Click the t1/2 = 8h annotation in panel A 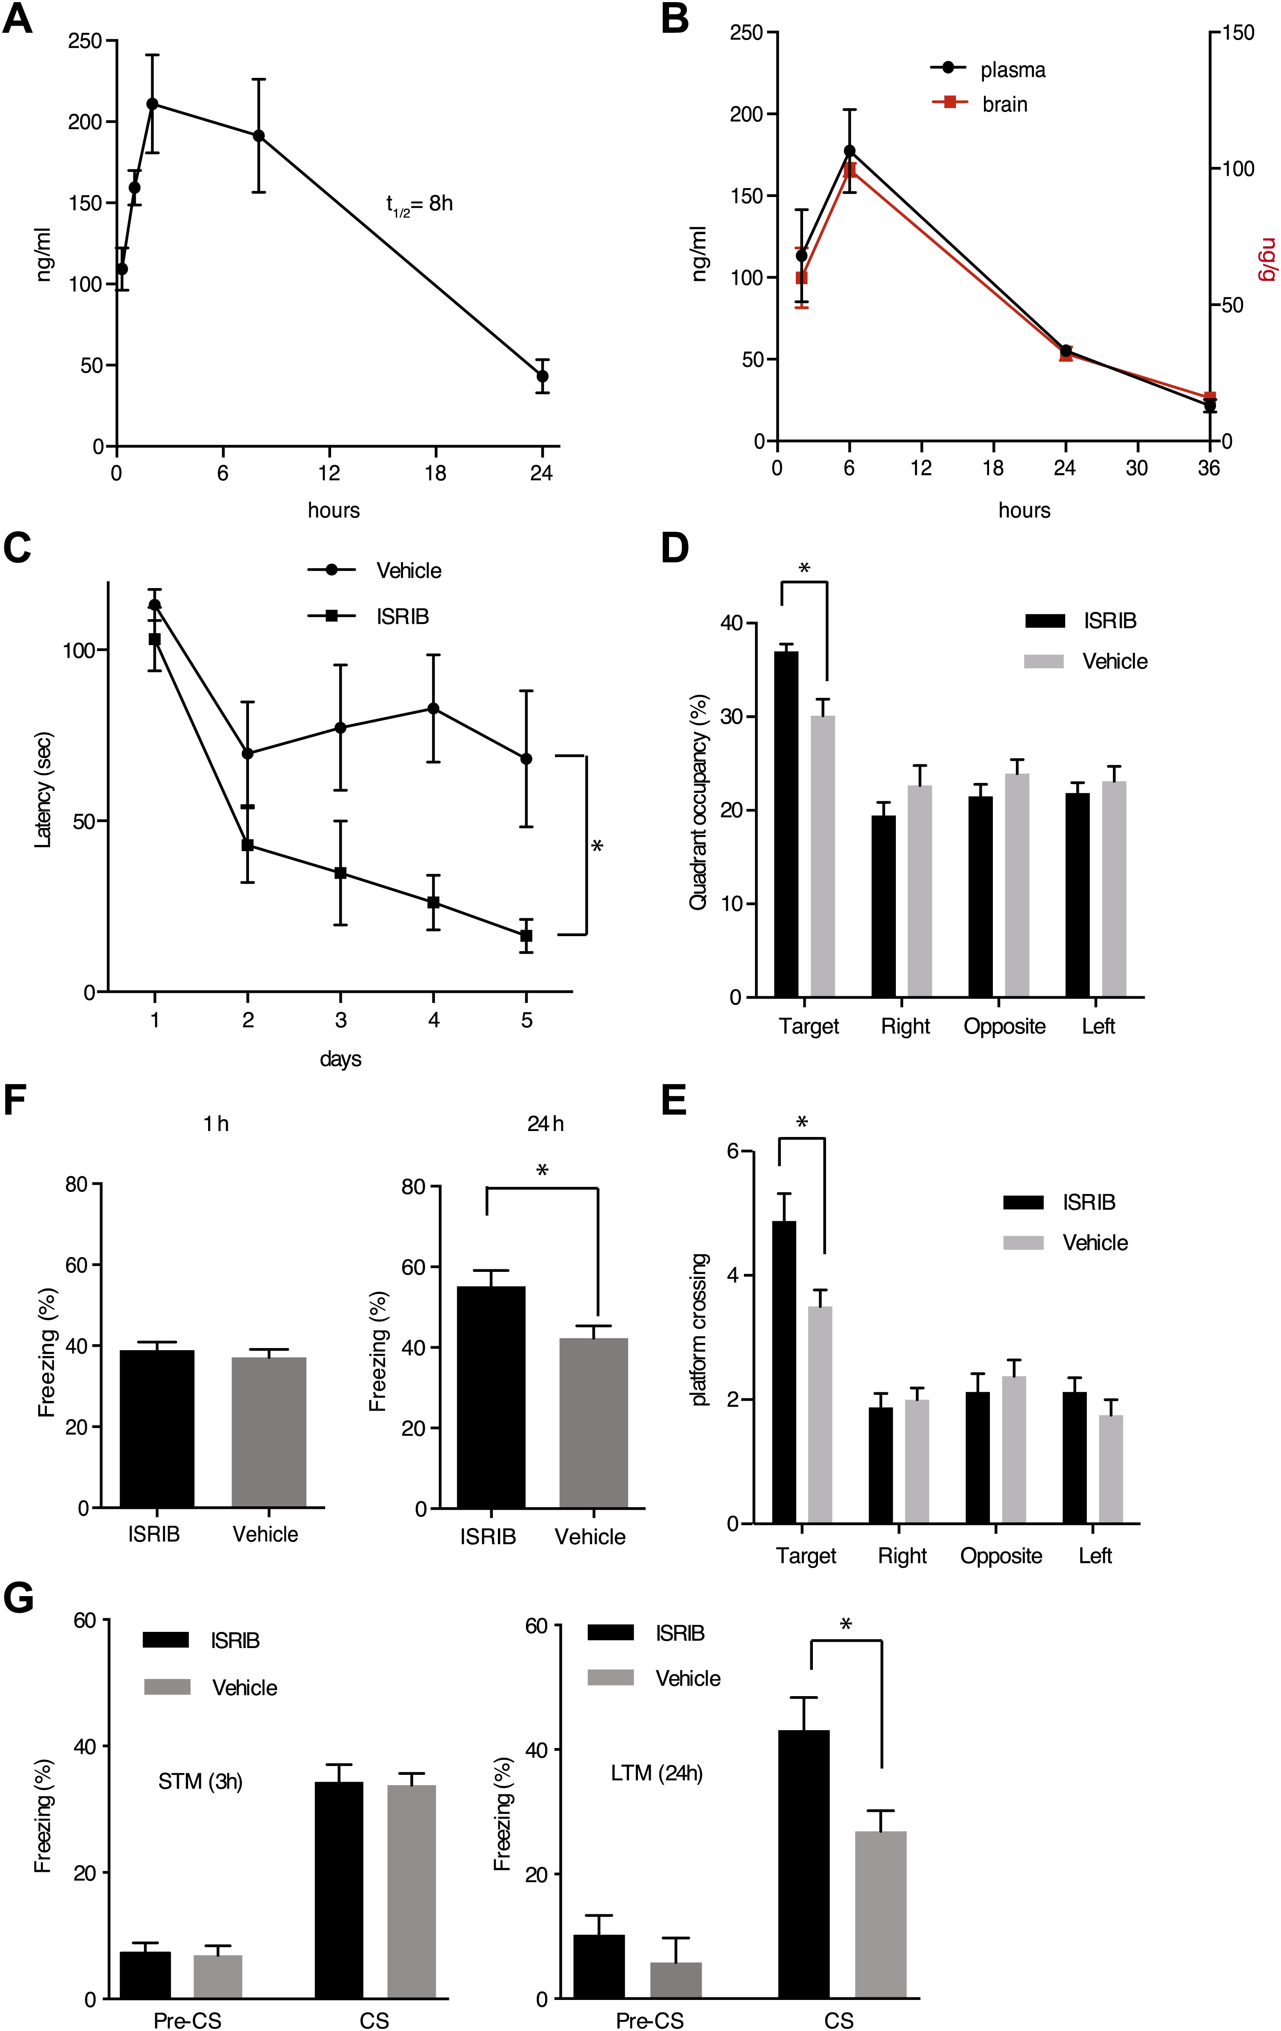click(x=419, y=204)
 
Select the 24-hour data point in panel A click(x=542, y=376)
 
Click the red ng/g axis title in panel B click(x=1267, y=260)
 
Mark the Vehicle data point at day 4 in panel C click(x=434, y=708)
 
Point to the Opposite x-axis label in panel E click(x=1001, y=1556)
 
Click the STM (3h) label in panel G click(x=201, y=1781)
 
